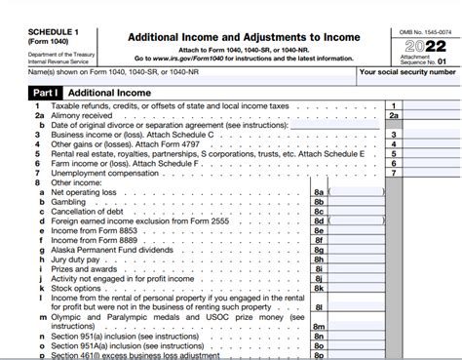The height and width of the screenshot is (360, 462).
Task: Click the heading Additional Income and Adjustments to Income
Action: [243, 37]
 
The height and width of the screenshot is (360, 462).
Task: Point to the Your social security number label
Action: [407, 72]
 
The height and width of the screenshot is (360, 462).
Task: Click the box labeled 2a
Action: [394, 115]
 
